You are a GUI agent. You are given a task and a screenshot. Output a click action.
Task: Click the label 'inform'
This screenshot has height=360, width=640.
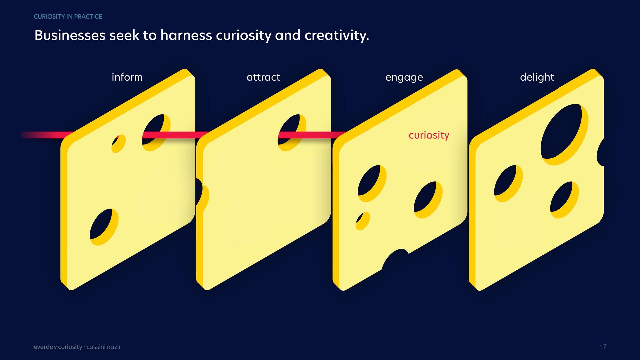tap(127, 77)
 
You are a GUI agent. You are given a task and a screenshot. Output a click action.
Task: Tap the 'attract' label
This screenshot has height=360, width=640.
tap(263, 77)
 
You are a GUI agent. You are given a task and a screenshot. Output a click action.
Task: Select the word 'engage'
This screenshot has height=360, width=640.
tap(404, 78)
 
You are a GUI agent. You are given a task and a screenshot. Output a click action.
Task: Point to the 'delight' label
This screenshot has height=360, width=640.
tap(537, 77)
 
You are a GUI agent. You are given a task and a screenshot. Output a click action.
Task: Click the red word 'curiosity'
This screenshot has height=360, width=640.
tap(429, 135)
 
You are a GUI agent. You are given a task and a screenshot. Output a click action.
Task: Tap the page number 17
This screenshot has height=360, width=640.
tap(603, 347)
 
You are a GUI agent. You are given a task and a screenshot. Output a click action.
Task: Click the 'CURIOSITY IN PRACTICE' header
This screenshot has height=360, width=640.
tap(68, 17)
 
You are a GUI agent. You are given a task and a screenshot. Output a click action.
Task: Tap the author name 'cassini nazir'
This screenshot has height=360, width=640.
tap(104, 347)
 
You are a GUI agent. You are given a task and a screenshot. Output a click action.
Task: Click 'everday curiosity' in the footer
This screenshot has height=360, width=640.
tap(58, 347)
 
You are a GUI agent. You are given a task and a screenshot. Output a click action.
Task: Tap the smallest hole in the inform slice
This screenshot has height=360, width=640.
tap(118, 143)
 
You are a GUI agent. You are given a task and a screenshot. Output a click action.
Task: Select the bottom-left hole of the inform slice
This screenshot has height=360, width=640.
tap(104, 227)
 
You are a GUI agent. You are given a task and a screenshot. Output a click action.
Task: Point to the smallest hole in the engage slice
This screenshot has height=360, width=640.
tap(362, 221)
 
